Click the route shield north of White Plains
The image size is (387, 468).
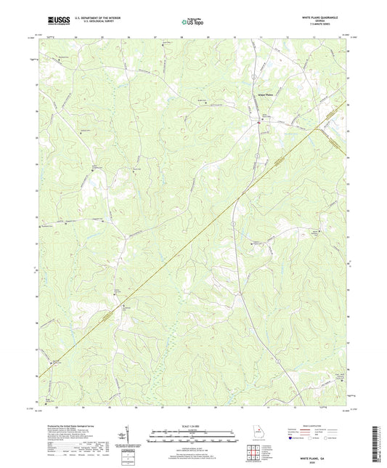pyautogui.click(x=253, y=73)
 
